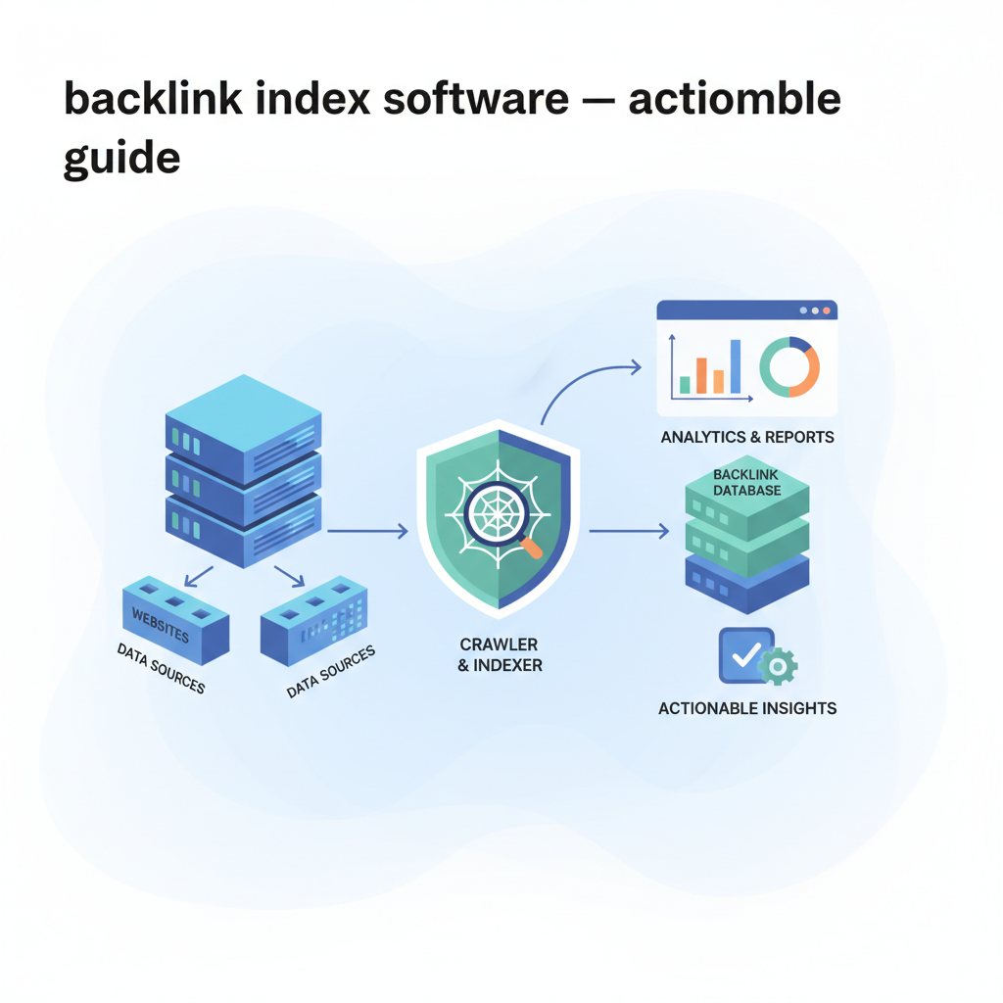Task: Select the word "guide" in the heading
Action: coord(121,157)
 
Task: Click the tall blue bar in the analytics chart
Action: coord(735,365)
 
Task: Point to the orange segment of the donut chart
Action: coord(803,380)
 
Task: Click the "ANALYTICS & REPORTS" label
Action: coord(747,437)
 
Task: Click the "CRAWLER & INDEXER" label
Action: coord(499,654)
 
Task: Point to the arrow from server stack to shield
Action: coord(367,532)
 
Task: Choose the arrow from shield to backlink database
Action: coord(629,532)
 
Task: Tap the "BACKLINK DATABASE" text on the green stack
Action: coord(747,482)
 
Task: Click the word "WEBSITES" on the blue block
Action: coord(160,623)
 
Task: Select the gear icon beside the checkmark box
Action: coord(779,666)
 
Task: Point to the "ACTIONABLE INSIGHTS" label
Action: coord(747,708)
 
